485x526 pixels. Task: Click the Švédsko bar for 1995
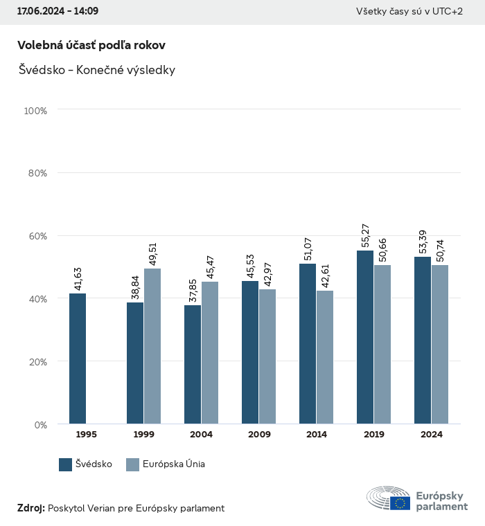click(78, 359)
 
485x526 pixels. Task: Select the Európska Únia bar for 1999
click(152, 346)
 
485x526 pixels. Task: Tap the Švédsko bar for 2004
click(193, 365)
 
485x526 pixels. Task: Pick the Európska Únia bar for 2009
click(267, 356)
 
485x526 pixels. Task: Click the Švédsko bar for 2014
click(308, 344)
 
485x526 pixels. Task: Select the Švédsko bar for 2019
click(365, 337)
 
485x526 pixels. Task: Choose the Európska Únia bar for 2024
click(440, 344)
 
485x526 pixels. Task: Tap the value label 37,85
click(193, 289)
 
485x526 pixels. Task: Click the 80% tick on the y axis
click(37, 173)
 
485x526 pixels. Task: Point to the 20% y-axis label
click(37, 361)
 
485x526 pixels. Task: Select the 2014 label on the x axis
click(316, 435)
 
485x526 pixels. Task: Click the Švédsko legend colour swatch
click(66, 464)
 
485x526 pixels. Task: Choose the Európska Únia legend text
click(174, 464)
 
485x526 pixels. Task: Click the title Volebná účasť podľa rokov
click(91, 45)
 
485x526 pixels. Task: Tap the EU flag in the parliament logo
click(400, 503)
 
